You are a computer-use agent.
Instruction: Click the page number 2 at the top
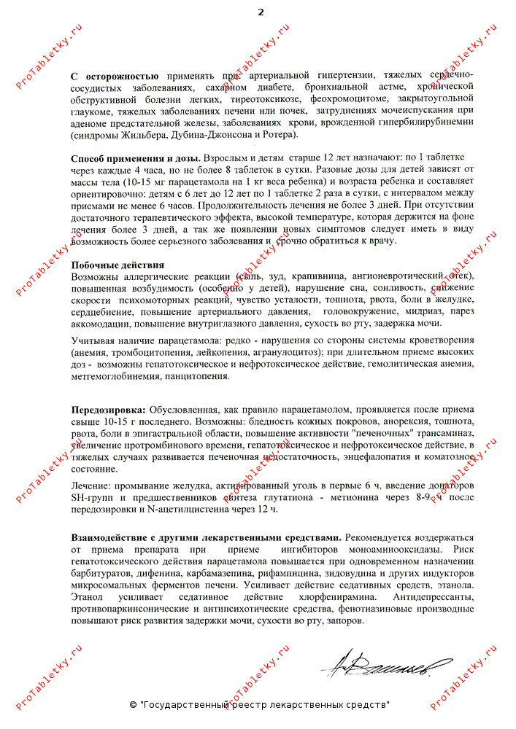coord(261,12)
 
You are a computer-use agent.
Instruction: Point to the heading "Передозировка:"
coord(108,410)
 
